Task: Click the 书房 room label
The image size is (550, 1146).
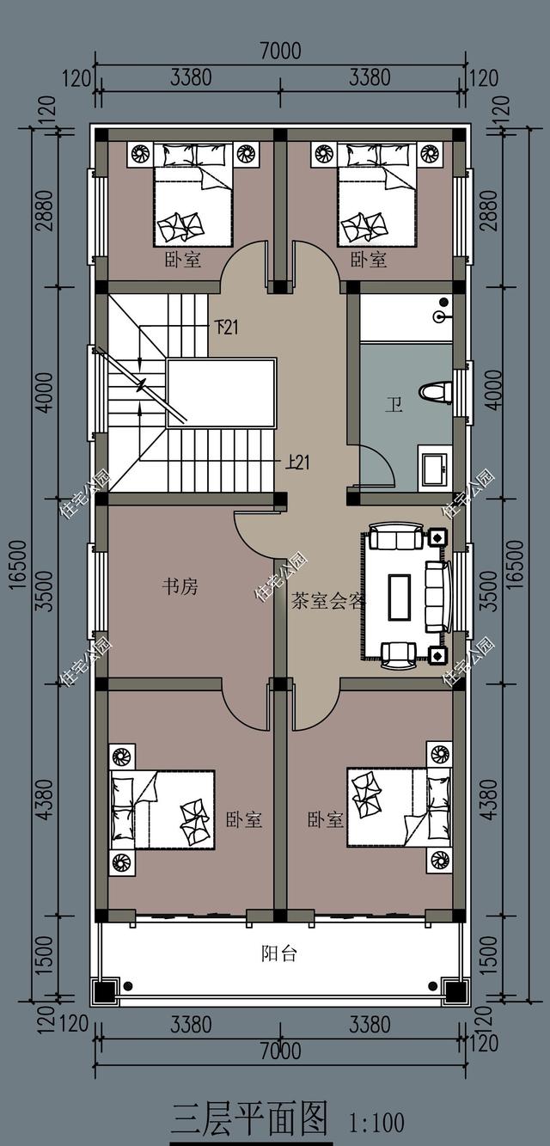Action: (x=180, y=587)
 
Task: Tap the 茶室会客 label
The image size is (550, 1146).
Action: (x=327, y=601)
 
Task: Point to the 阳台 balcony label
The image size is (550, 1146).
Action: (x=279, y=953)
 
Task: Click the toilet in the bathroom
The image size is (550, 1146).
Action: (x=436, y=393)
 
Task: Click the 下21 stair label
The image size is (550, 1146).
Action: (x=225, y=327)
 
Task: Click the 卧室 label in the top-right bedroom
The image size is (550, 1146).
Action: (x=369, y=260)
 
